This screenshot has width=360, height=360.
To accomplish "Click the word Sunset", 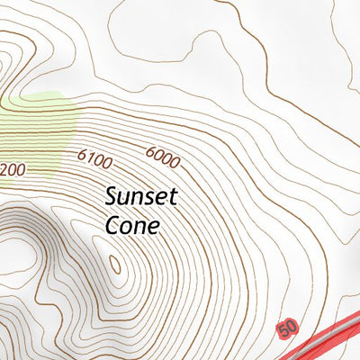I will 142,196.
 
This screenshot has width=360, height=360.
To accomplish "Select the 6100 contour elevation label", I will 94,159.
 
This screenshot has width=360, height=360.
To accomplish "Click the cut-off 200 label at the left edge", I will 13,169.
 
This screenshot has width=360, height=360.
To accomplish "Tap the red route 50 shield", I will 287,329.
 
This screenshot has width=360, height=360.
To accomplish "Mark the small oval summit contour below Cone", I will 114,264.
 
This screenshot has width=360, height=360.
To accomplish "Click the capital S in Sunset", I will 112,196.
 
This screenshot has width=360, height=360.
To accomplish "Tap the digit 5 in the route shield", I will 283,331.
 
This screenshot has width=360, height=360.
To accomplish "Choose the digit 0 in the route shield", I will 291,327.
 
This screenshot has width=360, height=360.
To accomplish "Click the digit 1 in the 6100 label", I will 91,158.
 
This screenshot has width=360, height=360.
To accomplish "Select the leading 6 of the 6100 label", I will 82,155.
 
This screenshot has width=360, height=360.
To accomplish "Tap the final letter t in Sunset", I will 175,196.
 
